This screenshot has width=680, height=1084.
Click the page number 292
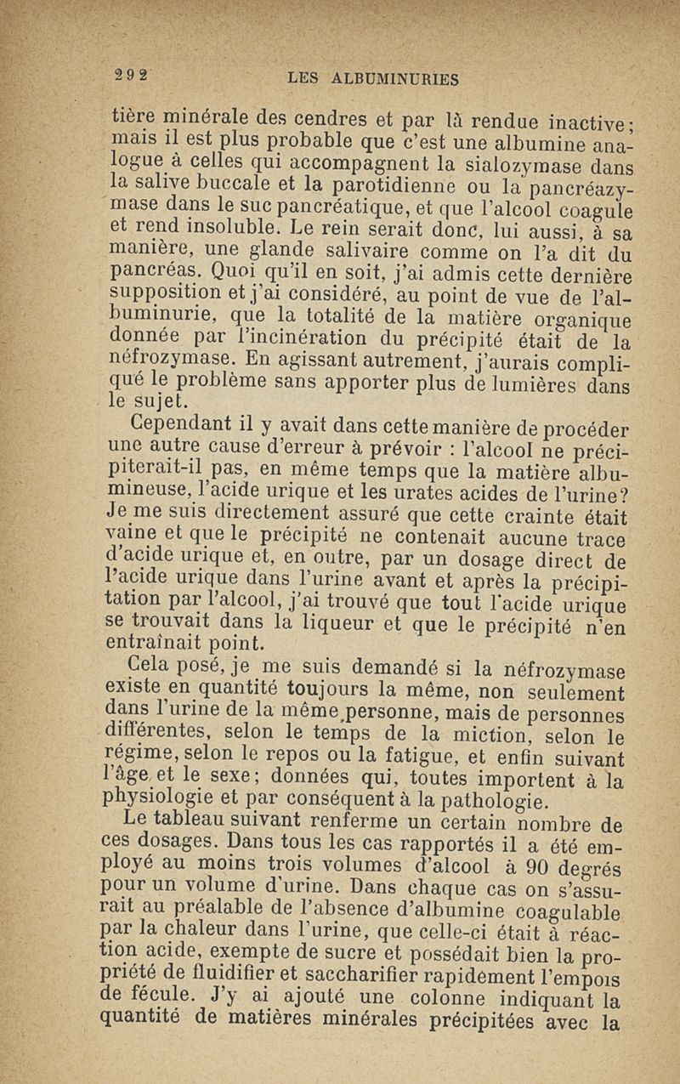[132, 75]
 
